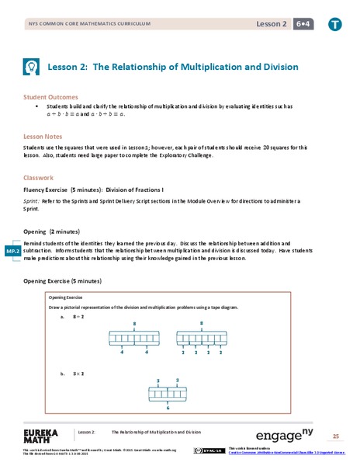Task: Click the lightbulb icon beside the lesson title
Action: (32, 67)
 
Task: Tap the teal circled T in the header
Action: (334, 24)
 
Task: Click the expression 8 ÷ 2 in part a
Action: (77, 317)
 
